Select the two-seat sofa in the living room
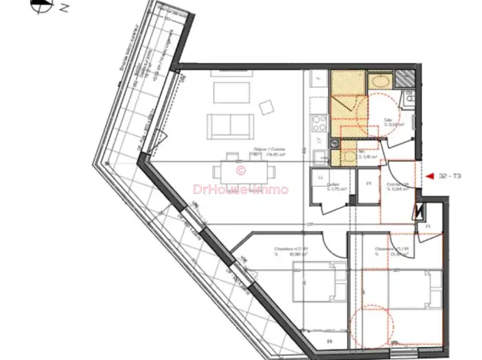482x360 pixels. tap(230, 124)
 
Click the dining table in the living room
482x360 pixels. tap(240, 172)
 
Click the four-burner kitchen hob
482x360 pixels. tap(319, 124)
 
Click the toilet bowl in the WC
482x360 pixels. tap(348, 157)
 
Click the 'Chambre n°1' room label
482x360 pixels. tap(391, 248)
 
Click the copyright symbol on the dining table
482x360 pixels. tap(240, 170)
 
